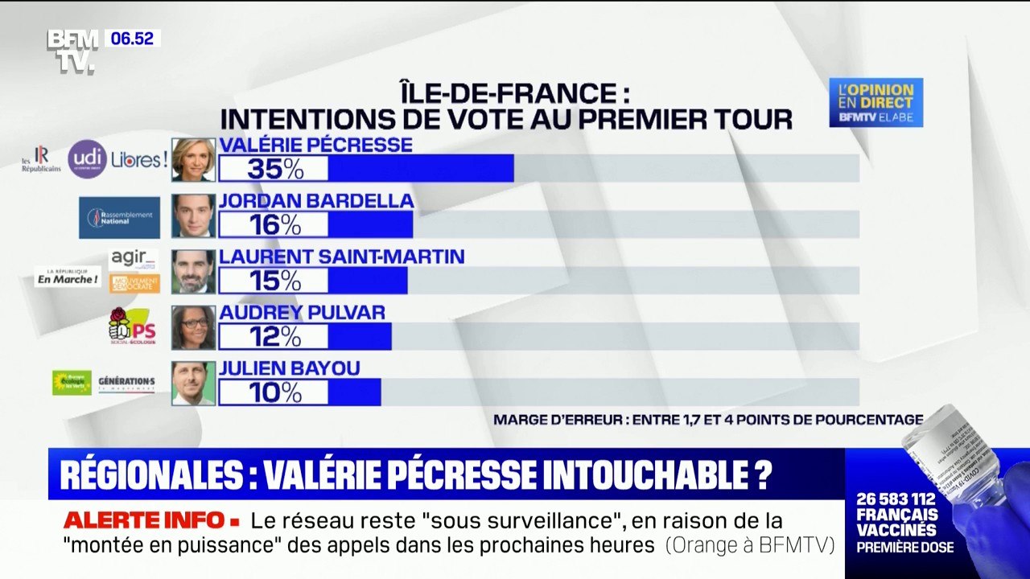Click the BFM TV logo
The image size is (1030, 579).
(72, 51)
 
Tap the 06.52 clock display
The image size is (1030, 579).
(132, 39)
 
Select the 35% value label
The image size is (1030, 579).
(274, 168)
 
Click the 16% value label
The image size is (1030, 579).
(274, 224)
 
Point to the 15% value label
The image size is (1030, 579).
(274, 280)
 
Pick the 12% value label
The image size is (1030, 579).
(274, 336)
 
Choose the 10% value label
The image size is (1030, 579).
(274, 392)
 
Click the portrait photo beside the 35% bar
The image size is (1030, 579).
(193, 160)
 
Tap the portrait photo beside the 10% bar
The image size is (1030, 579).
(193, 383)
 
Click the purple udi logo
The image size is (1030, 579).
(87, 159)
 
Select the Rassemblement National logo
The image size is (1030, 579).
(119, 218)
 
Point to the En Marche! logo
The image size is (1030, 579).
(68, 277)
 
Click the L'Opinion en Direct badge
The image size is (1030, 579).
(876, 102)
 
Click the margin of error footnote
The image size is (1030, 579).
(708, 419)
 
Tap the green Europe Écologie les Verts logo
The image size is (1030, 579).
(72, 383)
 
